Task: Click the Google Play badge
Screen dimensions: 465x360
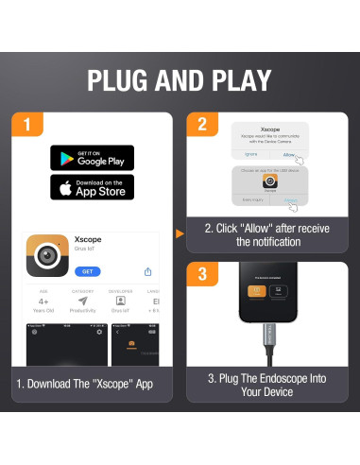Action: coord(92,158)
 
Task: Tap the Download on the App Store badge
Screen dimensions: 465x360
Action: coord(92,187)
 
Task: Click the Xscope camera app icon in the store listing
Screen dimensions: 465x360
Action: coord(46,254)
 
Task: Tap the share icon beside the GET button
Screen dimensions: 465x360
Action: coord(147,271)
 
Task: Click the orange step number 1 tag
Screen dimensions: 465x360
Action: coord(28,124)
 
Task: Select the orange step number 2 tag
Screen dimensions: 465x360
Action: coord(200,124)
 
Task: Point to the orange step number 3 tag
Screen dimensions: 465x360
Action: coord(200,276)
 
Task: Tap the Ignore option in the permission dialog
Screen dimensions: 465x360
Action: coord(251,153)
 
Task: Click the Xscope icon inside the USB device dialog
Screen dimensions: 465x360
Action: coord(270,180)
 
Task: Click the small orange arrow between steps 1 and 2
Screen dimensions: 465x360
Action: coord(179,232)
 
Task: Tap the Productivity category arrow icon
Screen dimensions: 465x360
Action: coord(83,301)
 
